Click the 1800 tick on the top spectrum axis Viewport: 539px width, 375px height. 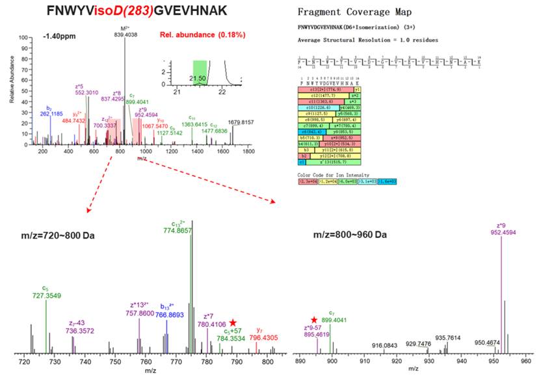(248, 152)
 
